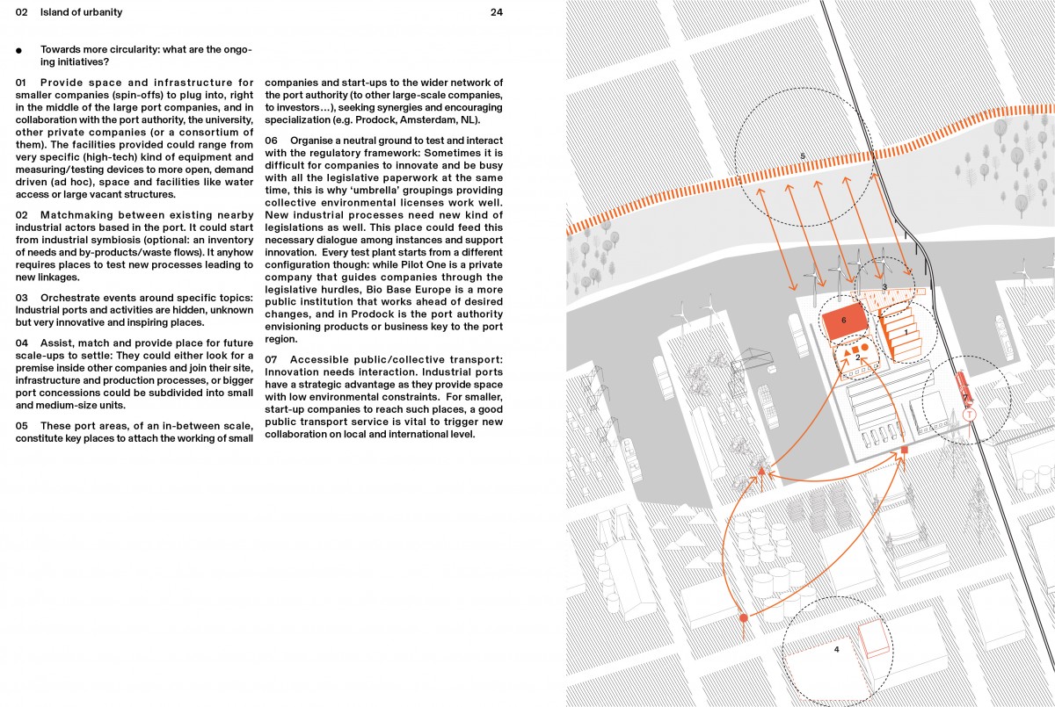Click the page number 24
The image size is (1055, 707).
point(497,12)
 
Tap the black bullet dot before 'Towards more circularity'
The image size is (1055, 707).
point(18,51)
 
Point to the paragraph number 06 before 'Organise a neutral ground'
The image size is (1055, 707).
point(272,141)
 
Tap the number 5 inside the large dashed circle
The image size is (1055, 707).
point(803,156)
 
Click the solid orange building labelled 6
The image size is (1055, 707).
point(843,321)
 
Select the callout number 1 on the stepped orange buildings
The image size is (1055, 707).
point(906,333)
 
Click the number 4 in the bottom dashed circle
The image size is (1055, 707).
point(836,650)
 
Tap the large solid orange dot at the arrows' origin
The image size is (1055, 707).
point(744,618)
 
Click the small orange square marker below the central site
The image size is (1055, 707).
point(905,451)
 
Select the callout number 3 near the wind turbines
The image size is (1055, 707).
point(884,287)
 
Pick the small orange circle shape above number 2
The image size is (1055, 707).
point(865,349)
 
